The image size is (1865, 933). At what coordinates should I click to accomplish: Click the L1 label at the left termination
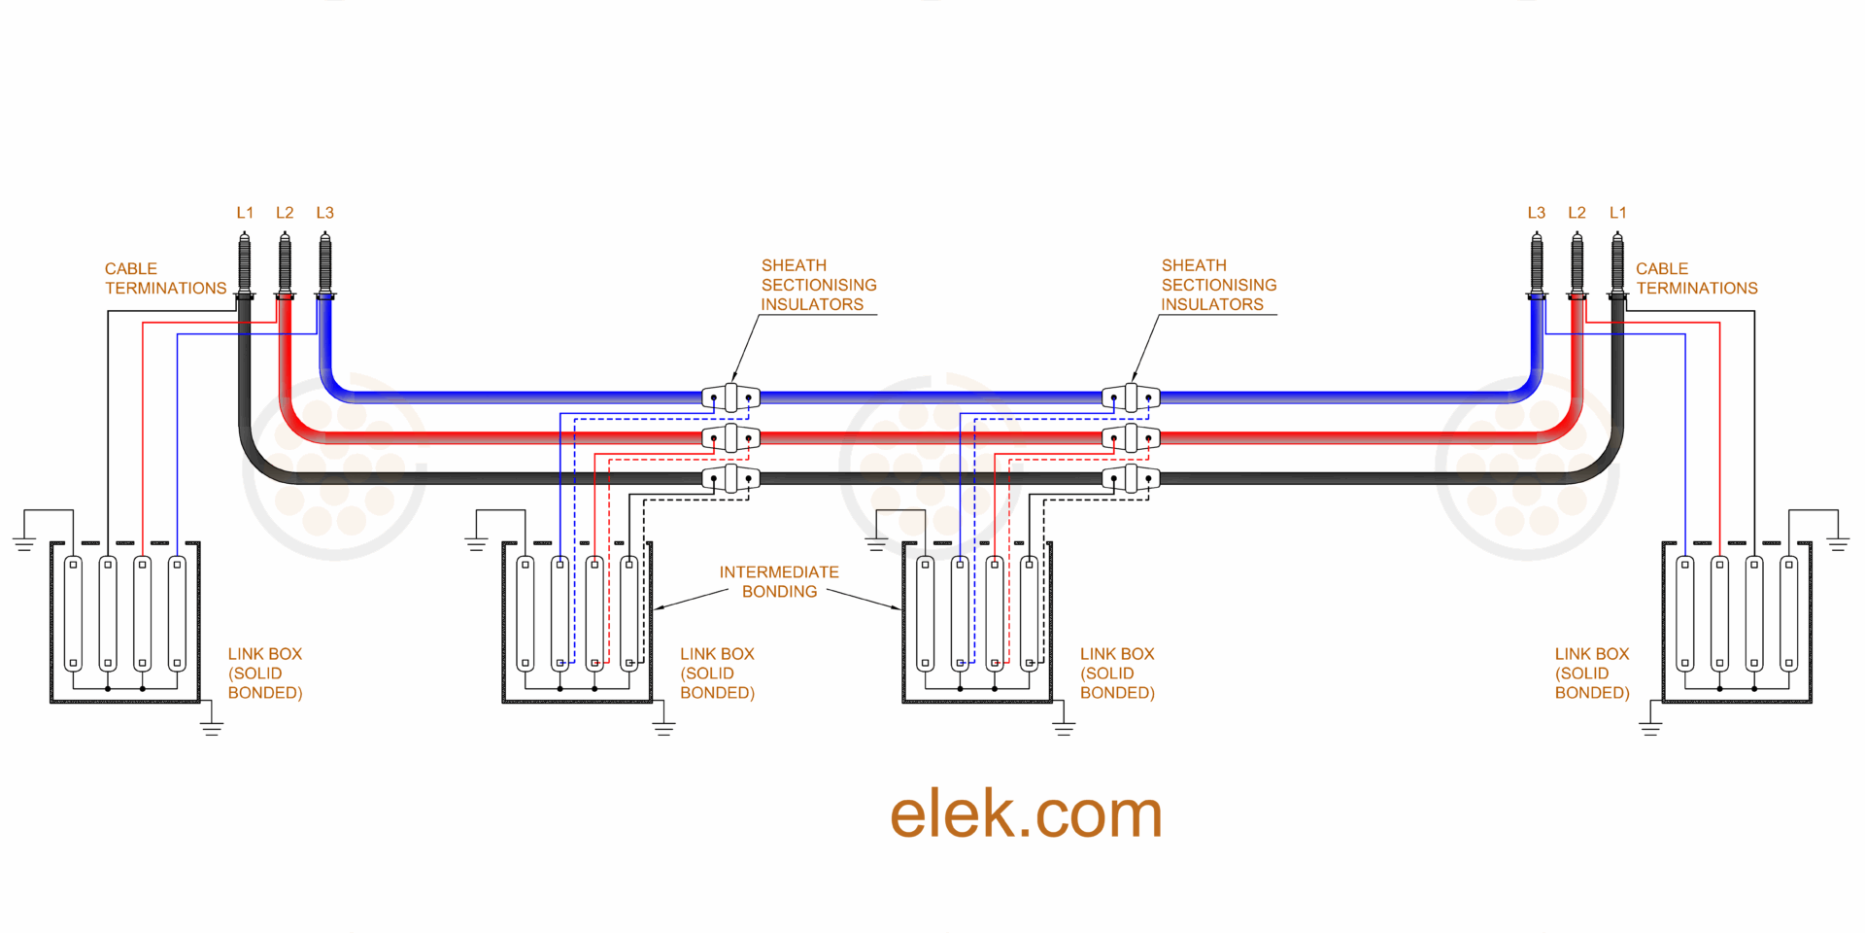click(245, 212)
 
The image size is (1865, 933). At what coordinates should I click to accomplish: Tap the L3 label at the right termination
click(1536, 212)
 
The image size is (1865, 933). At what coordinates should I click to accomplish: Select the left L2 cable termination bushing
click(285, 264)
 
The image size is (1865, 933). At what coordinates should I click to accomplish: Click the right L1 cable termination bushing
click(1617, 264)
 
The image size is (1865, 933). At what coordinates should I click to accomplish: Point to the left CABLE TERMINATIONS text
click(165, 278)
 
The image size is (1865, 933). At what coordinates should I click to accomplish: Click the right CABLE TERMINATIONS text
click(1696, 278)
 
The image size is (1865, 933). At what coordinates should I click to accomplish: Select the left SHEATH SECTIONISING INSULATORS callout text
click(818, 285)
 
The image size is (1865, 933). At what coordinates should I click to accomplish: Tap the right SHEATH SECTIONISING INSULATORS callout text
click(1218, 285)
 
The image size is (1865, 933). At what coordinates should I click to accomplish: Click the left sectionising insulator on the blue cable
click(730, 397)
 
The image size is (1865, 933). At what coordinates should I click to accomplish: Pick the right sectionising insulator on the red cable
click(1131, 437)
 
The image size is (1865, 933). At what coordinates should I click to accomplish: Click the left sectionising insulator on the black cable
click(730, 478)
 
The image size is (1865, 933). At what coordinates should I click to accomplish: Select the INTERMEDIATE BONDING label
click(779, 581)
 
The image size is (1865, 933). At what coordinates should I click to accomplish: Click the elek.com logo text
click(1026, 813)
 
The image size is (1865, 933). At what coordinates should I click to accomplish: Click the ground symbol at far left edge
click(24, 544)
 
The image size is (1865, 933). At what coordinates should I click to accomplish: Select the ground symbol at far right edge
click(1837, 544)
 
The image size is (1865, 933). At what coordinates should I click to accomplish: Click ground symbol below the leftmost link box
click(212, 728)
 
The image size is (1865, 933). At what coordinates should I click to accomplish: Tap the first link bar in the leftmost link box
click(73, 612)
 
